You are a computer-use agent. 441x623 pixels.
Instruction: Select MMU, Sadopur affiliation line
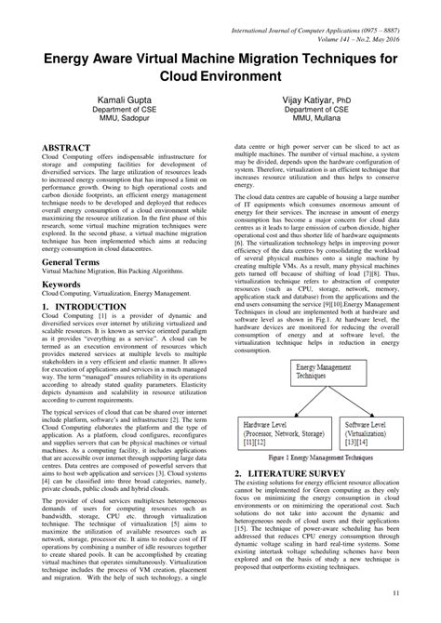pyautogui.click(x=120, y=119)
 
